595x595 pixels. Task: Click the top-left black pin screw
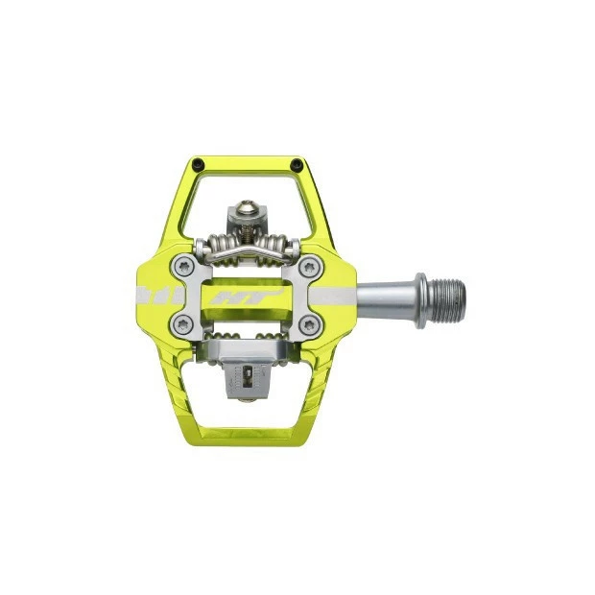198,165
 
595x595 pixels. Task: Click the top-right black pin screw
296,165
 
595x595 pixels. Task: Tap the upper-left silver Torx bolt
184,267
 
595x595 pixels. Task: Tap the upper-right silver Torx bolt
311,268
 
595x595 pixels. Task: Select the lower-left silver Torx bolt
183,324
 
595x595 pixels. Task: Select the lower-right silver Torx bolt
310,325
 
